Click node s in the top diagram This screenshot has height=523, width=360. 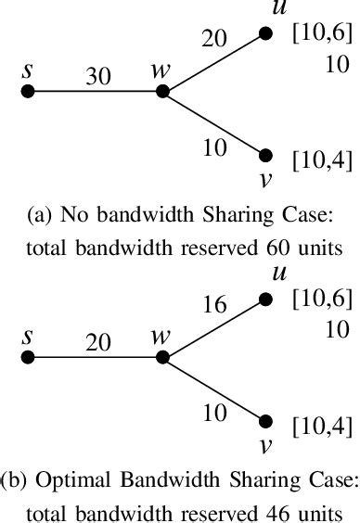pyautogui.click(x=28, y=92)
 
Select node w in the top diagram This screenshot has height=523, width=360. pyautogui.click(x=162, y=92)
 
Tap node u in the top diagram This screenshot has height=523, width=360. pyautogui.click(x=266, y=33)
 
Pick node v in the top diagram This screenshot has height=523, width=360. pyautogui.click(x=266, y=156)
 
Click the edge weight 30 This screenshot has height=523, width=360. pyautogui.click(x=96, y=78)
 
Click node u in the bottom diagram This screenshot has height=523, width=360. pyautogui.click(x=266, y=300)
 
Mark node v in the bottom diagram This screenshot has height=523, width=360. pyautogui.click(x=266, y=420)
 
